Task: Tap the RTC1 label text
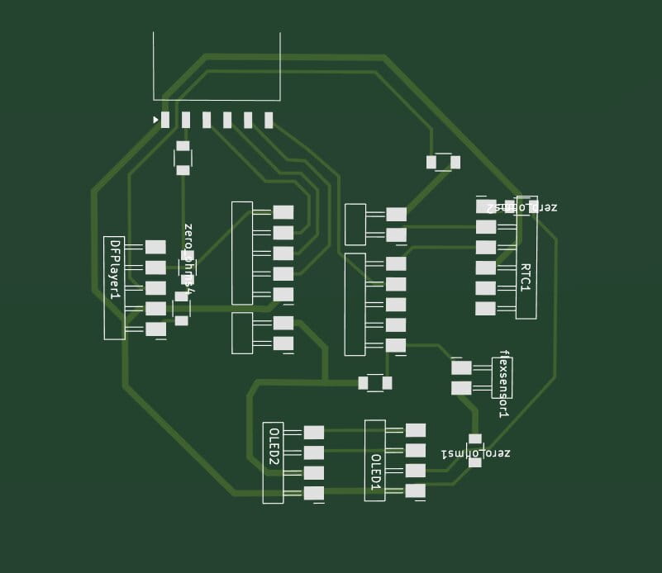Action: click(525, 277)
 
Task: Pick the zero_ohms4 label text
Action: click(188, 258)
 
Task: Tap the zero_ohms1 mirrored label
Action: click(475, 453)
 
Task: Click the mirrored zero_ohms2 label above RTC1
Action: click(522, 206)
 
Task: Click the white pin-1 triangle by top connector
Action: click(155, 120)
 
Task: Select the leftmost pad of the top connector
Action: click(165, 120)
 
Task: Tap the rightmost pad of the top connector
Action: click(269, 120)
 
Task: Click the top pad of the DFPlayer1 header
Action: click(155, 247)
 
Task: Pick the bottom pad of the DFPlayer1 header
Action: click(155, 329)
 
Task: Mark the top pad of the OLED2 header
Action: click(313, 432)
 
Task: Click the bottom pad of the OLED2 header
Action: click(313, 493)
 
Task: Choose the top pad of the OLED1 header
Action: click(416, 430)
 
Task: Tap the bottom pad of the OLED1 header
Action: click(416, 490)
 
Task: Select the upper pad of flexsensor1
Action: click(461, 367)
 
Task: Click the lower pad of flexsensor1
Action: click(461, 388)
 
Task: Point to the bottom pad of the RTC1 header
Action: click(486, 309)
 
